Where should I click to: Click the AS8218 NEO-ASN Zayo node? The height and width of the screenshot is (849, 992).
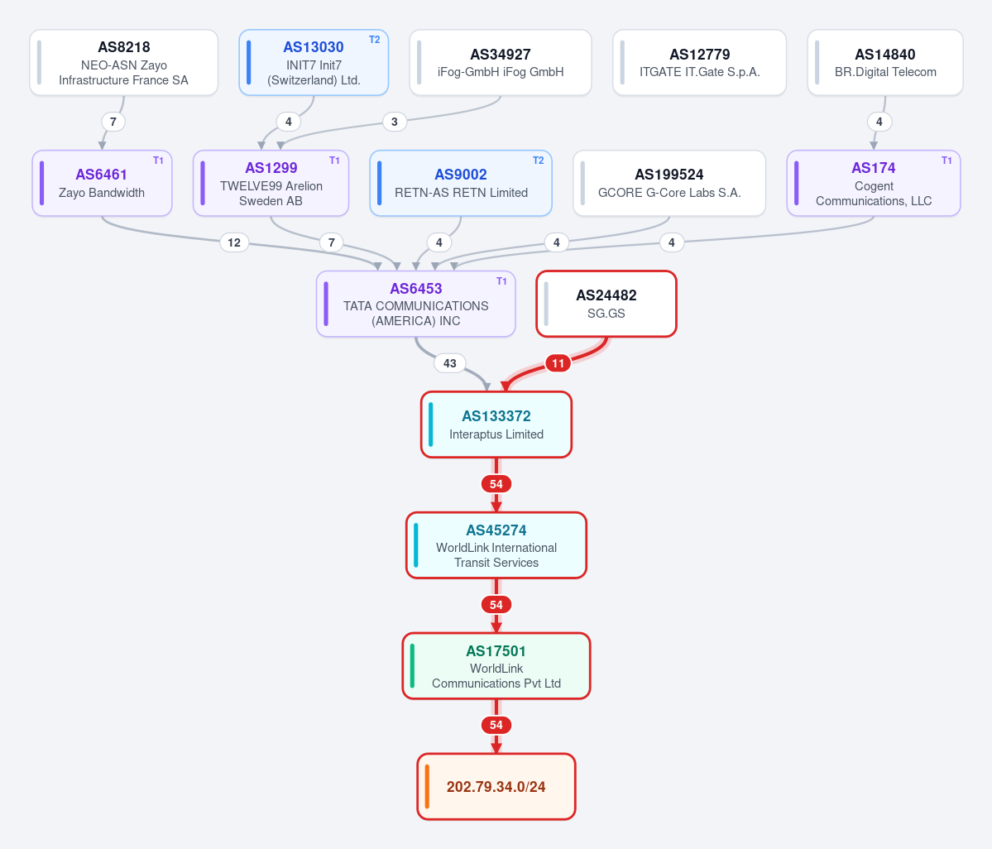(x=124, y=63)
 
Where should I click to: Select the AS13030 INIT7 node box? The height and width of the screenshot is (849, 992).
(x=314, y=63)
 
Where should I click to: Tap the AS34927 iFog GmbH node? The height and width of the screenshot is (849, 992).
(x=501, y=63)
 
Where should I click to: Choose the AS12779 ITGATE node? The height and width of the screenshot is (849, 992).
(x=700, y=63)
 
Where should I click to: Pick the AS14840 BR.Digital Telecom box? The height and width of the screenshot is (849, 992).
(x=885, y=63)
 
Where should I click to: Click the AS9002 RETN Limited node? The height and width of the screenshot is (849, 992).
(x=461, y=183)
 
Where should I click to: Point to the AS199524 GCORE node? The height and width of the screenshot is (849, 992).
(x=669, y=183)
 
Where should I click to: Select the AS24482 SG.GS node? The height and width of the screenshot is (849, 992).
(x=606, y=304)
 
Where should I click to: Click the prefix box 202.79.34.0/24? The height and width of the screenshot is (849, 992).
(x=496, y=786)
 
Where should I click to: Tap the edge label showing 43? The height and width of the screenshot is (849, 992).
(x=450, y=363)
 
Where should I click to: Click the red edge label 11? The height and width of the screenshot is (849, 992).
(x=558, y=363)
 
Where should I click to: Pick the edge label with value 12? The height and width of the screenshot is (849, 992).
(x=234, y=242)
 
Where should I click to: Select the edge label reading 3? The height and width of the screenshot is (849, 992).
(x=395, y=122)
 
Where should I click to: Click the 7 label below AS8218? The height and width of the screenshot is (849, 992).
(x=113, y=122)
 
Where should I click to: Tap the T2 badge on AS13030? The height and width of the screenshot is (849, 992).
(x=375, y=40)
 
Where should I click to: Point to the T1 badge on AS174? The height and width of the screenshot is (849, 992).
(x=946, y=161)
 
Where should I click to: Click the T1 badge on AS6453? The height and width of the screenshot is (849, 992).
(x=501, y=281)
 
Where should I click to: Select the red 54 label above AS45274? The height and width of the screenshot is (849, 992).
(x=496, y=484)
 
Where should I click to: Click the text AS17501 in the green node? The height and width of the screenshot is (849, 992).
(x=496, y=651)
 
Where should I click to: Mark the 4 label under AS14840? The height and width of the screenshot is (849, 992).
(x=879, y=122)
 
